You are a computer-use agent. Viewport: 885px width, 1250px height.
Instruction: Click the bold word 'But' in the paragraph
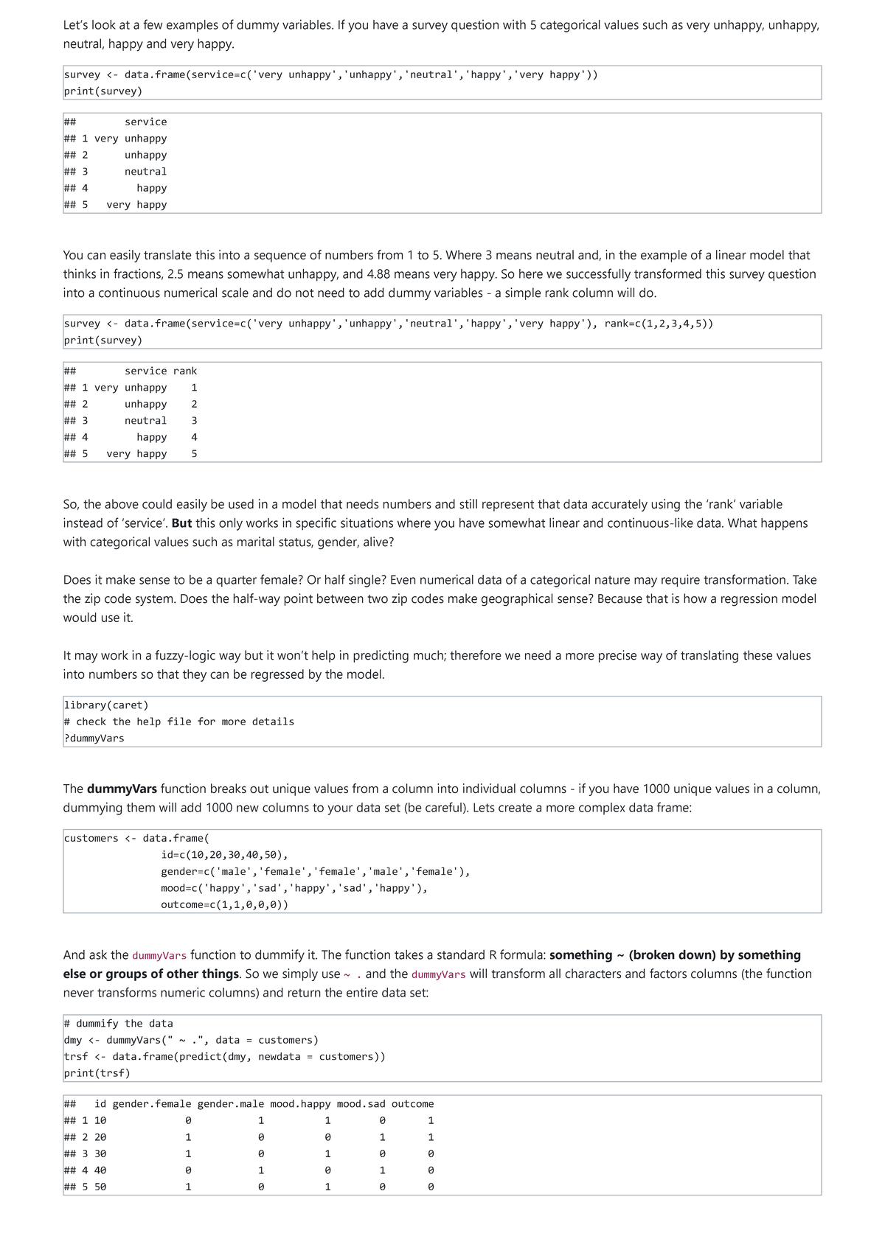click(181, 523)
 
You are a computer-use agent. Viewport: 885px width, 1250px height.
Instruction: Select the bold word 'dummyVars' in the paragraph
click(122, 789)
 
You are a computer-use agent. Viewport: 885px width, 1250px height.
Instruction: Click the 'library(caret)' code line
click(106, 705)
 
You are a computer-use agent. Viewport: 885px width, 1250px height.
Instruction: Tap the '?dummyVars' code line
click(94, 739)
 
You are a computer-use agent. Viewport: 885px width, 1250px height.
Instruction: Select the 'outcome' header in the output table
click(412, 1104)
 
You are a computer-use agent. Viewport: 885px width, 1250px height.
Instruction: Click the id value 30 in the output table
click(100, 1154)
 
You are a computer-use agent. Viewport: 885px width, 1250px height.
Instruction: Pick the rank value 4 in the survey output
click(194, 438)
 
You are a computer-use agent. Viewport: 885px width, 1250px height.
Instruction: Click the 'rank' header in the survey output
click(185, 371)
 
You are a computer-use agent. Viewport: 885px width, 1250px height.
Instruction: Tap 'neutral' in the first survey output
click(145, 172)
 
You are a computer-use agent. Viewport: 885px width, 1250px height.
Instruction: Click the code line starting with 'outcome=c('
click(224, 905)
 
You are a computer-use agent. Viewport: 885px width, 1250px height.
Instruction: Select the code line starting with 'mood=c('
click(294, 888)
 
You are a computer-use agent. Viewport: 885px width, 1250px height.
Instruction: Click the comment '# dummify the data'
click(119, 1024)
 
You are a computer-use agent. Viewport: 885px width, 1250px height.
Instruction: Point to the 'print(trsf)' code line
click(97, 1073)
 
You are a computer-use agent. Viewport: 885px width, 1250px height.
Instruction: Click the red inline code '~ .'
click(353, 974)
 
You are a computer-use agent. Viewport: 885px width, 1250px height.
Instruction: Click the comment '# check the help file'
click(179, 722)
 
